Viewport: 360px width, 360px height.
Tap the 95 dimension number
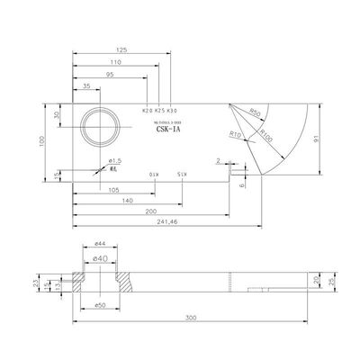(x=109, y=76)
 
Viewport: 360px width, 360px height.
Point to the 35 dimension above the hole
(x=85, y=85)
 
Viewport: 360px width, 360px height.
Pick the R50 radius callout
(x=255, y=113)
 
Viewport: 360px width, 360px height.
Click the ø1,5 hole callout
(x=114, y=160)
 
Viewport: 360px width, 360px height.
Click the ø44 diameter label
(x=101, y=244)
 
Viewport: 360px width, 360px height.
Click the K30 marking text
(x=173, y=110)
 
